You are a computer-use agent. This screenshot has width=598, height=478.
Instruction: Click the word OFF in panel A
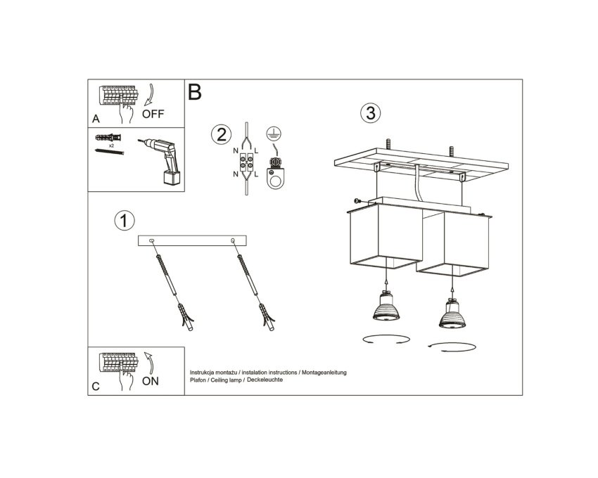pyautogui.click(x=153, y=114)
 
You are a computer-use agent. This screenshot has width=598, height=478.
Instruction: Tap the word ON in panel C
pyautogui.click(x=151, y=381)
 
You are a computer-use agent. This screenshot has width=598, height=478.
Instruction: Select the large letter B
pyautogui.click(x=194, y=92)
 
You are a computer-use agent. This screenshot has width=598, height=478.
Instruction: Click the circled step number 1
pyautogui.click(x=125, y=221)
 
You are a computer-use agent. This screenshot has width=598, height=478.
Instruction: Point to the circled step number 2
pyautogui.click(x=221, y=134)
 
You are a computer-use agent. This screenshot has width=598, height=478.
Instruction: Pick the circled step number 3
pyautogui.click(x=371, y=113)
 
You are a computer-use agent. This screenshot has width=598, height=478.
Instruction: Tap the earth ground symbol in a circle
pyautogui.click(x=274, y=133)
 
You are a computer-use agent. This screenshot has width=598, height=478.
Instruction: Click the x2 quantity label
pyautogui.click(x=111, y=146)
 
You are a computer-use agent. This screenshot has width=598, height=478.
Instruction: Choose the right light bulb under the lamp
pyautogui.click(x=452, y=314)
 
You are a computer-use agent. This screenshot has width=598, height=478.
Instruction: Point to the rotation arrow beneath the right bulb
pyautogui.click(x=452, y=347)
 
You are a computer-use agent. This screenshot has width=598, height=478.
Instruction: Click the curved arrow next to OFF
pyautogui.click(x=150, y=94)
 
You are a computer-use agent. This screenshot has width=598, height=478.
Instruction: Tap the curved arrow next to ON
pyautogui.click(x=149, y=363)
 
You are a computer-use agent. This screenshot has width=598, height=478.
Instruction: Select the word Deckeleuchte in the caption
pyautogui.click(x=265, y=380)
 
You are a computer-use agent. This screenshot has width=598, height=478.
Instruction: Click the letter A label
pyautogui.click(x=96, y=119)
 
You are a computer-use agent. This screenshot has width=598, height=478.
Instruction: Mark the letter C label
pyautogui.click(x=96, y=386)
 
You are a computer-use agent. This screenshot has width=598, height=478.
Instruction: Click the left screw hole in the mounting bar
pyautogui.click(x=152, y=240)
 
